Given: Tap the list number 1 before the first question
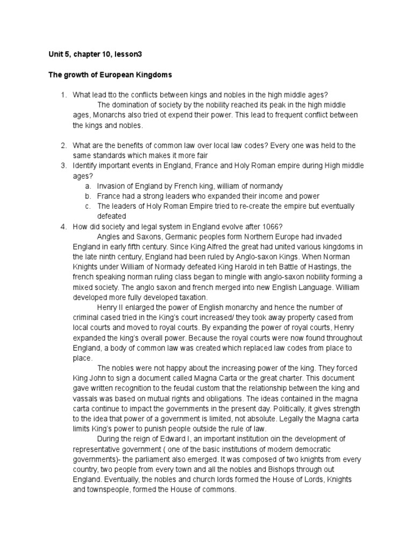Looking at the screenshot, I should point(63,95).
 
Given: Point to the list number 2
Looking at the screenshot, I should point(63,145).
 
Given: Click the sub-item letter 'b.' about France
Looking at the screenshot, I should point(87,196).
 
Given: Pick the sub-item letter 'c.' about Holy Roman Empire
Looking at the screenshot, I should point(87,206).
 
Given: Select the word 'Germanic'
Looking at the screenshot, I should point(175,237).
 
